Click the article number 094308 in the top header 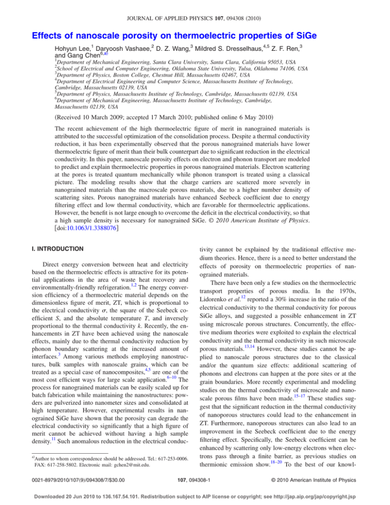click(x=235, y=9)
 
